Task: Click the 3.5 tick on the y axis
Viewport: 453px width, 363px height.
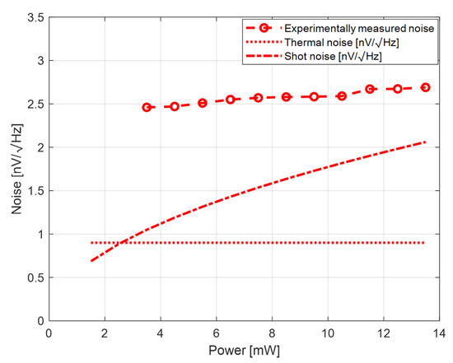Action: pyautogui.click(x=35, y=16)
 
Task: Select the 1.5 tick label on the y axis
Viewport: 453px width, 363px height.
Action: pyautogui.click(x=35, y=190)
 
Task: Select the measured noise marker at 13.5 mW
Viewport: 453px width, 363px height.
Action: pyautogui.click(x=426, y=87)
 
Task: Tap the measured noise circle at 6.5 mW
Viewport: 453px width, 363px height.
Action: pyautogui.click(x=231, y=100)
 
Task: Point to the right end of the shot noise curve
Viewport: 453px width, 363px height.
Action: pyautogui.click(x=426, y=142)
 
